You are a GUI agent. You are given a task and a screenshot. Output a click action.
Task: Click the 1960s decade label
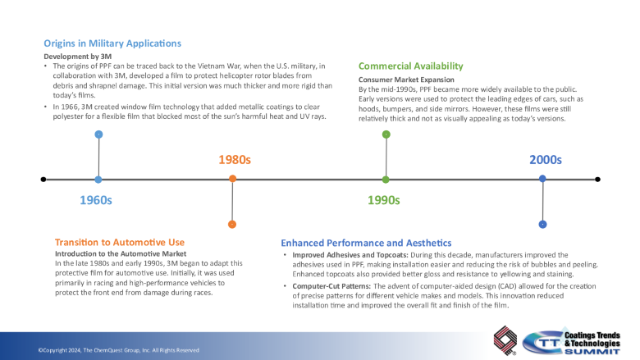tap(96, 200)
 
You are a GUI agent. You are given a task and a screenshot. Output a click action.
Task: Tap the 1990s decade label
tap(383, 200)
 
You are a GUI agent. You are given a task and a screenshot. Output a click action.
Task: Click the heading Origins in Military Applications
tap(112, 43)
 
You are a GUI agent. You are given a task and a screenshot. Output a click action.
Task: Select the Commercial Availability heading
tap(411, 66)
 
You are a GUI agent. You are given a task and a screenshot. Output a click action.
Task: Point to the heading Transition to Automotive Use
tap(120, 243)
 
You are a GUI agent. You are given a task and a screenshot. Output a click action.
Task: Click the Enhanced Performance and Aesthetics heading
tap(366, 243)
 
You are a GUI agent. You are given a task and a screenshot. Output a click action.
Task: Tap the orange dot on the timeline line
tap(233, 179)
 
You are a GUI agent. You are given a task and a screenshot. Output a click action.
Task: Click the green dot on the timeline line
tap(386, 179)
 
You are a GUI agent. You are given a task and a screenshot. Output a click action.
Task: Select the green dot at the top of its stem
tap(386, 134)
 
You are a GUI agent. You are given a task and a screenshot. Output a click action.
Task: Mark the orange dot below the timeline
tap(233, 224)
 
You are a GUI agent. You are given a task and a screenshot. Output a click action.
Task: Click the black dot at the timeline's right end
tap(597, 179)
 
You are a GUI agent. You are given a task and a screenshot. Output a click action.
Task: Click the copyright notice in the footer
tap(118, 350)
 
